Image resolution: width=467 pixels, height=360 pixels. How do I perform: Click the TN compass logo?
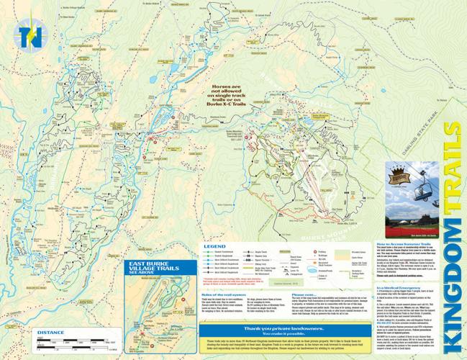[x=32, y=35]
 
